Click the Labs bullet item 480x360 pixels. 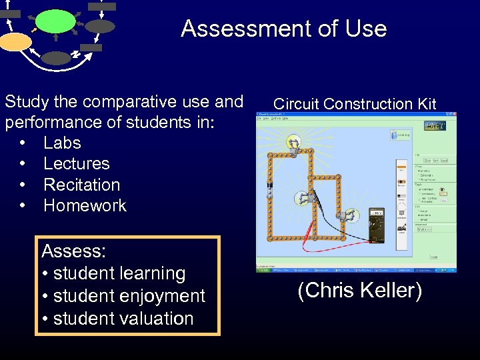tap(62, 143)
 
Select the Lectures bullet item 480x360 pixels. tap(76, 163)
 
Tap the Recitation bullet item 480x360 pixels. tap(81, 185)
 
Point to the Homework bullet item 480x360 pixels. tap(85, 205)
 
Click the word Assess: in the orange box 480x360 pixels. tap(74, 251)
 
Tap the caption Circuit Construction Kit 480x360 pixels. tap(355, 103)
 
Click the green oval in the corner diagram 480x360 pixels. tap(55, 21)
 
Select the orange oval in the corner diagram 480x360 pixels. tap(15, 42)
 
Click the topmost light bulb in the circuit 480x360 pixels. tap(293, 142)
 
